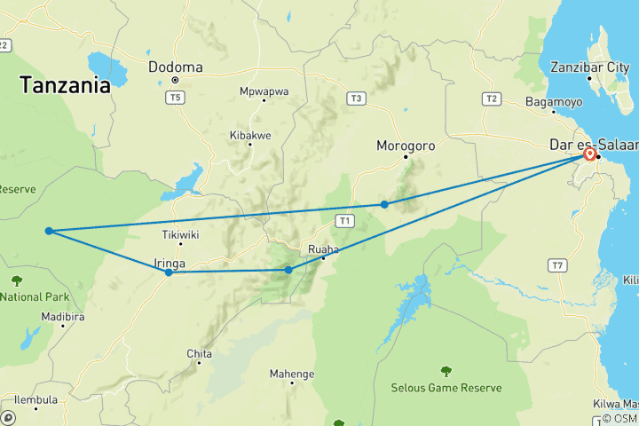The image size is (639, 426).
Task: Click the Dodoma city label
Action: pyautogui.click(x=176, y=67)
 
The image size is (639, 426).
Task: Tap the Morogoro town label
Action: pyautogui.click(x=406, y=146)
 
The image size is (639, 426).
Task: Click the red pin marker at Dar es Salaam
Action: pyautogui.click(x=589, y=154)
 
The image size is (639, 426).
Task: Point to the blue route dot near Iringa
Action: pyautogui.click(x=169, y=272)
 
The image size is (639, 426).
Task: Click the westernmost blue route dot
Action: pyautogui.click(x=49, y=231)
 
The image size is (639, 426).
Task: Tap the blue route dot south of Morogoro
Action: pyautogui.click(x=384, y=204)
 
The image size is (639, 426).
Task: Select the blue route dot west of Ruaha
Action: pyautogui.click(x=288, y=270)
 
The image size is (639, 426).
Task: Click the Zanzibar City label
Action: pyautogui.click(x=589, y=67)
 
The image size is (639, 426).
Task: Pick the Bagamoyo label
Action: pyautogui.click(x=554, y=101)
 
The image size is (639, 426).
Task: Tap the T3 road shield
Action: pyautogui.click(x=357, y=98)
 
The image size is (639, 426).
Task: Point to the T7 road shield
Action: pyautogui.click(x=557, y=264)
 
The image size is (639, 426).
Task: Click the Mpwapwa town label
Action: pyautogui.click(x=264, y=90)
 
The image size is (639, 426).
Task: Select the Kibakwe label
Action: pyautogui.click(x=250, y=134)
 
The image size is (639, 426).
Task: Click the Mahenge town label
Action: pyautogui.click(x=292, y=374)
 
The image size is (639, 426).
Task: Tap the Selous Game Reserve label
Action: pyautogui.click(x=446, y=388)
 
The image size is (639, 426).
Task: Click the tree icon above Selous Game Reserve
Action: pyautogui.click(x=446, y=371)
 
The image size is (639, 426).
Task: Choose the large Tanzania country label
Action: pyautogui.click(x=66, y=85)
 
